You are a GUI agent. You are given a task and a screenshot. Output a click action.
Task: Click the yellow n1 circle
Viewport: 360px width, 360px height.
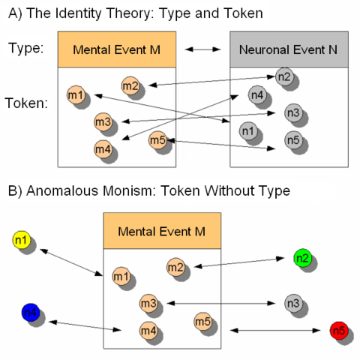click(x=20, y=241)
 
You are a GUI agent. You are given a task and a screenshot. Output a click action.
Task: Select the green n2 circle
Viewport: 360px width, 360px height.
click(x=301, y=259)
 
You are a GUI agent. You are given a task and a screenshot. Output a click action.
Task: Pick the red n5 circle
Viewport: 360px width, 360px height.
click(x=337, y=330)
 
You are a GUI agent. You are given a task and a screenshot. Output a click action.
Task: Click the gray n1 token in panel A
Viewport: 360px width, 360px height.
click(x=247, y=131)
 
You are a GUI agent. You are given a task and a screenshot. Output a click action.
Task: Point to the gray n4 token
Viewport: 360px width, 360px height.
click(x=256, y=94)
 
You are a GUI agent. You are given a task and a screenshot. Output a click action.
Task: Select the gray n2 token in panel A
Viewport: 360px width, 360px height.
click(x=284, y=76)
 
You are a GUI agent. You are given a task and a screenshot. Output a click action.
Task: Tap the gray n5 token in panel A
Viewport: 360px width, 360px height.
click(x=293, y=139)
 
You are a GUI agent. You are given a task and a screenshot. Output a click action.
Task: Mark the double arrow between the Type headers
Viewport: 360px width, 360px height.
click(x=202, y=49)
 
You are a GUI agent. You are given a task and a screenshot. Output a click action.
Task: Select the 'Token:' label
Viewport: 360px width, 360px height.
click(x=27, y=103)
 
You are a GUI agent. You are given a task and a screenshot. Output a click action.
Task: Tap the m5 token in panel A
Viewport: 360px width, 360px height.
click(x=157, y=139)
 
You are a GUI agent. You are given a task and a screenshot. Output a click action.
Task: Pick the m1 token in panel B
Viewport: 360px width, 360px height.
click(x=120, y=277)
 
